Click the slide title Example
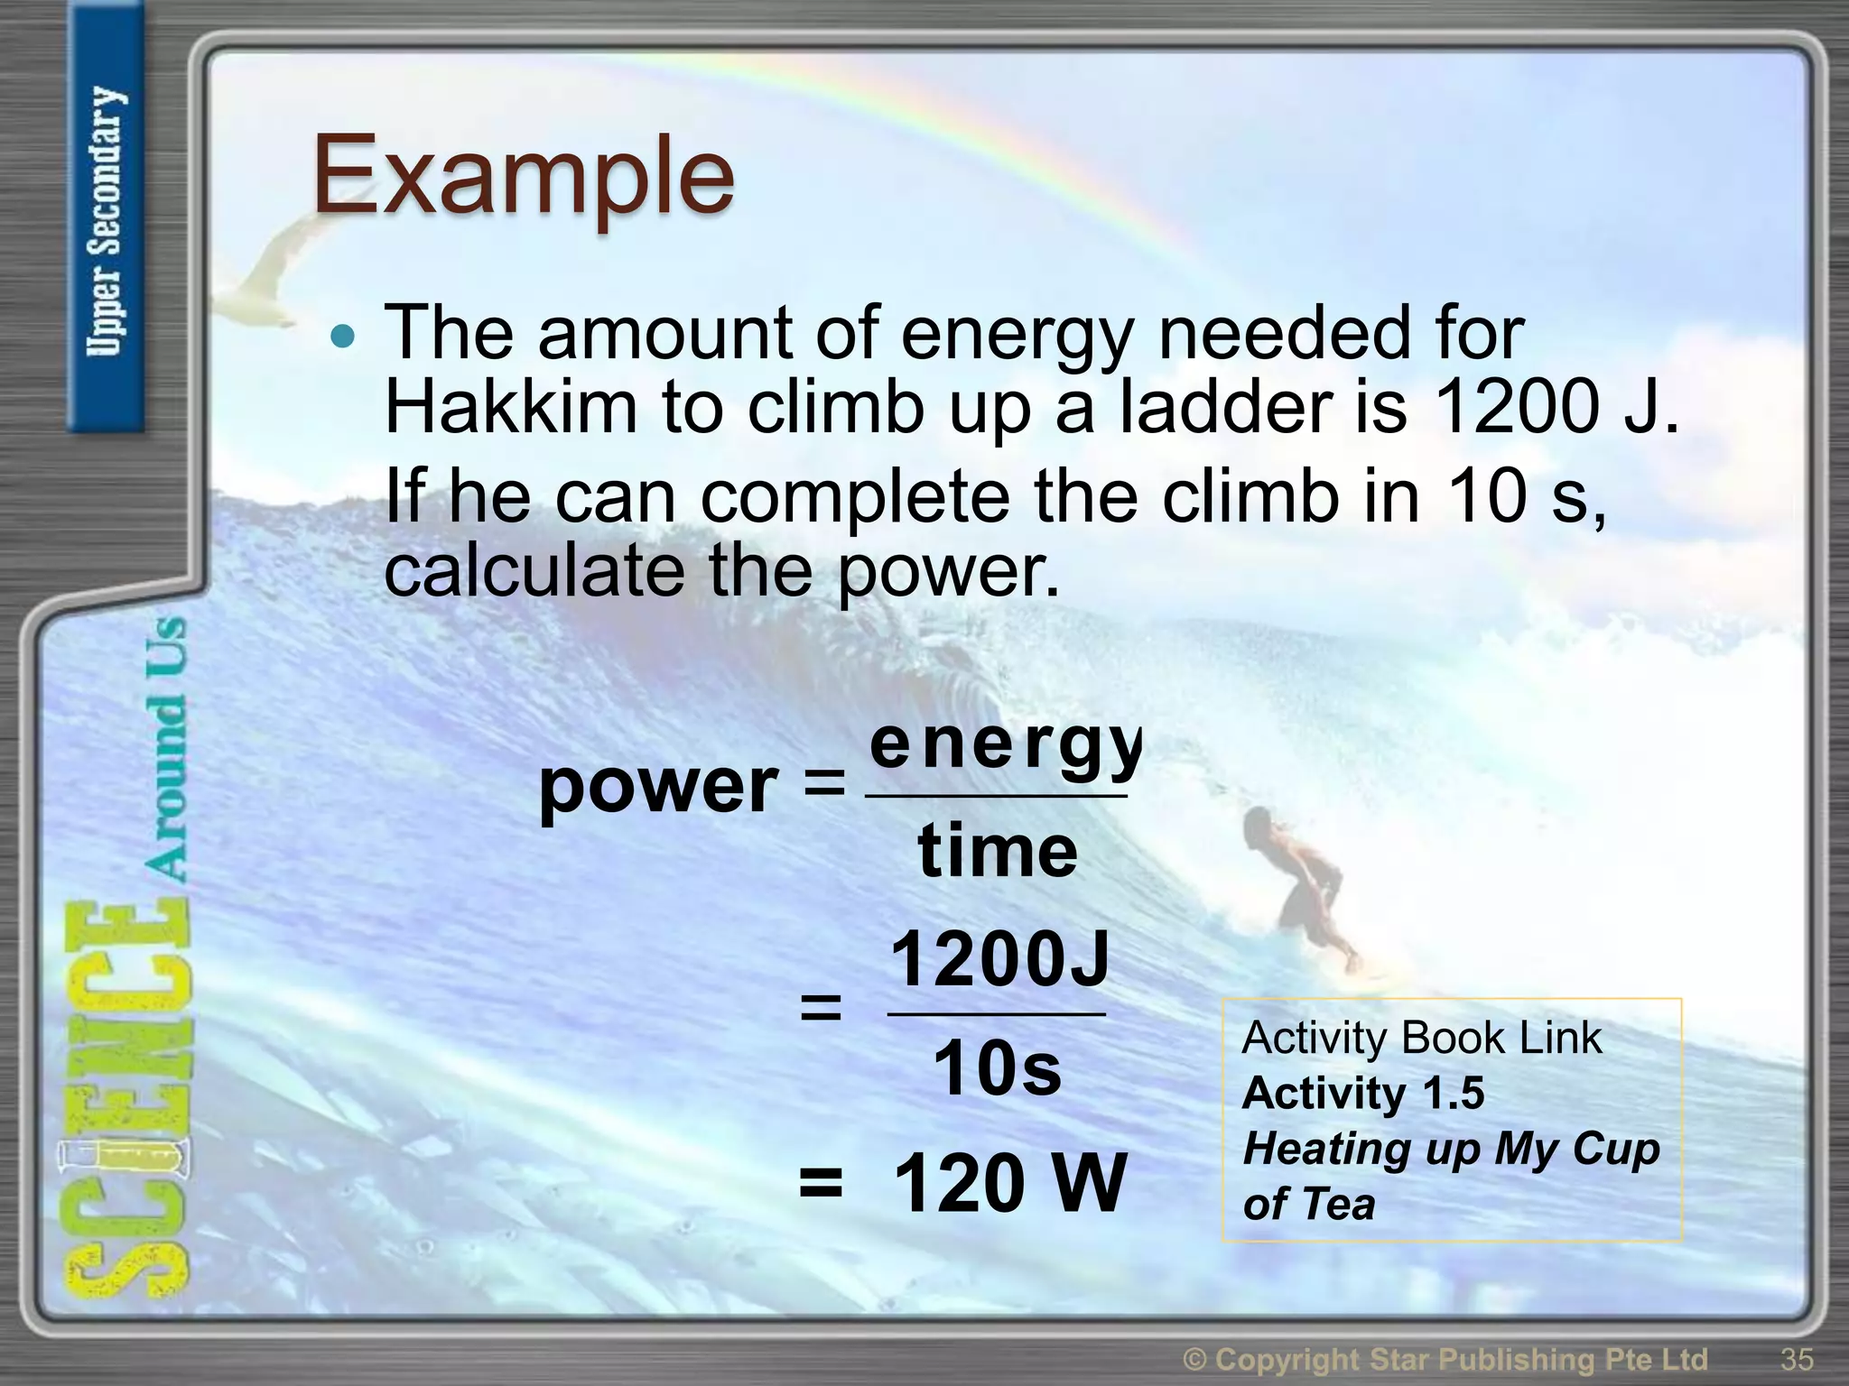524,176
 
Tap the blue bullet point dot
343,337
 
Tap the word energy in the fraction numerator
1002,747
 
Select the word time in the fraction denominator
998,852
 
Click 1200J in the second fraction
999,960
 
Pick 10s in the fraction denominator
997,1069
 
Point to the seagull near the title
271,271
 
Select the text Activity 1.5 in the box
1362,1094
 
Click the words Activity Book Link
1421,1038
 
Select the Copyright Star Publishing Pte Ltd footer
1445,1359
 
